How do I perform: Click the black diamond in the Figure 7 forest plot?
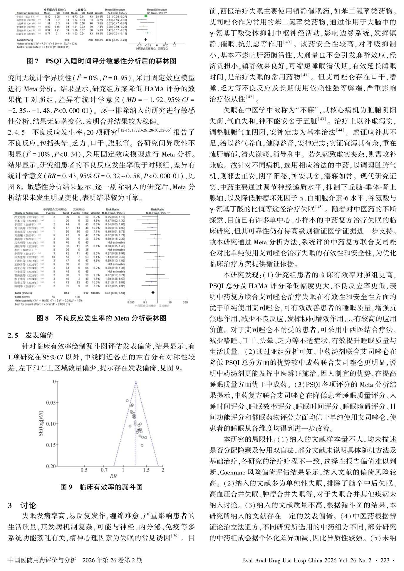coord(145,39)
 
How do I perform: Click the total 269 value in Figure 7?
coord(66,39)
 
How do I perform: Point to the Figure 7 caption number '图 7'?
coord(32,61)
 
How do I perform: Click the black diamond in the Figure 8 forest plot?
coord(153,292)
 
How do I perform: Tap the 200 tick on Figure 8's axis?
coord(185,302)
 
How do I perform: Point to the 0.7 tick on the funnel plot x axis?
coord(104,470)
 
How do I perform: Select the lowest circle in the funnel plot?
coord(142,445)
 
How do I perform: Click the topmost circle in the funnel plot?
coord(127,401)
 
